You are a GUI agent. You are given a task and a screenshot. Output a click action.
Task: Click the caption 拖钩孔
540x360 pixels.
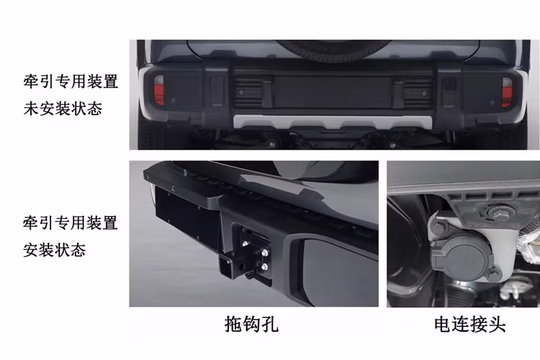pos(251,325)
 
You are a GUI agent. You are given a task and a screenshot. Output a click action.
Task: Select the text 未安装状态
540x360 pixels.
pos(63,109)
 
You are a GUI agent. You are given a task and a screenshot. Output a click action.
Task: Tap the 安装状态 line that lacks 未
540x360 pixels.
pos(54,250)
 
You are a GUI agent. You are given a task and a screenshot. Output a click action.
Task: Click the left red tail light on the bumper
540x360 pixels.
pos(158,90)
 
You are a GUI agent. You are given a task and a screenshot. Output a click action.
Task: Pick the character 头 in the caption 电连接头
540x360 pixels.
pos(497,325)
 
